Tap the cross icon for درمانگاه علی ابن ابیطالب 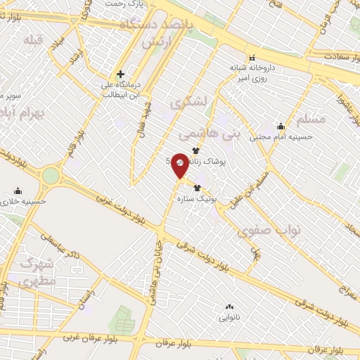click(121, 73)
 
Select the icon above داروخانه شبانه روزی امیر click(251, 58)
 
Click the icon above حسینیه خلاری click(18, 191)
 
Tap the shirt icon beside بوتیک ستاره click(197, 188)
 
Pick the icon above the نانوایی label click(229, 307)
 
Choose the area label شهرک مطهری click(38, 273)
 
